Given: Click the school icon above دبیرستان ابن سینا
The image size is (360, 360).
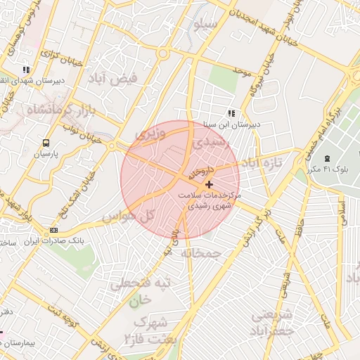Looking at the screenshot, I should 231,113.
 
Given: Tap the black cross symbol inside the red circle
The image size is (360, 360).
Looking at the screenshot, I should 208,184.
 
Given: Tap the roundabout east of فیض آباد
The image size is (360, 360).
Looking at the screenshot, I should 163,53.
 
